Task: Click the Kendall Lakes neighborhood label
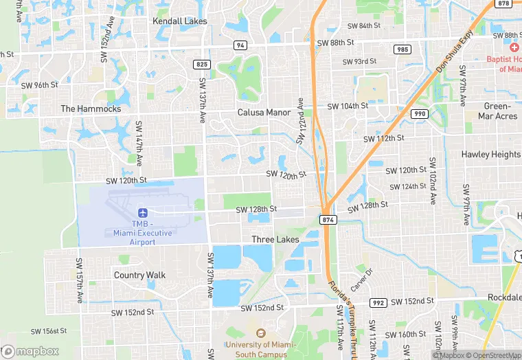pos(179,21)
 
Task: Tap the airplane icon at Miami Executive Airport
pos(143,214)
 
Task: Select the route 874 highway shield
pos(328,218)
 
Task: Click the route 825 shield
pos(202,64)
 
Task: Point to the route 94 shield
pos(240,45)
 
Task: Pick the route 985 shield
pos(402,49)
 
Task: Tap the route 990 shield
pos(420,113)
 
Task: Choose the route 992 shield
pos(378,302)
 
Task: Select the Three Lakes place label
pos(275,240)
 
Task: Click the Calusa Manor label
pos(264,112)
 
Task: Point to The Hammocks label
pos(91,109)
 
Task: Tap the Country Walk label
pos(139,275)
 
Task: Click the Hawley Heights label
pos(491,155)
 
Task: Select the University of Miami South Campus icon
pos(260,333)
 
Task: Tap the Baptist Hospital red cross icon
pos(514,47)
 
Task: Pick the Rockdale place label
pos(503,297)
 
